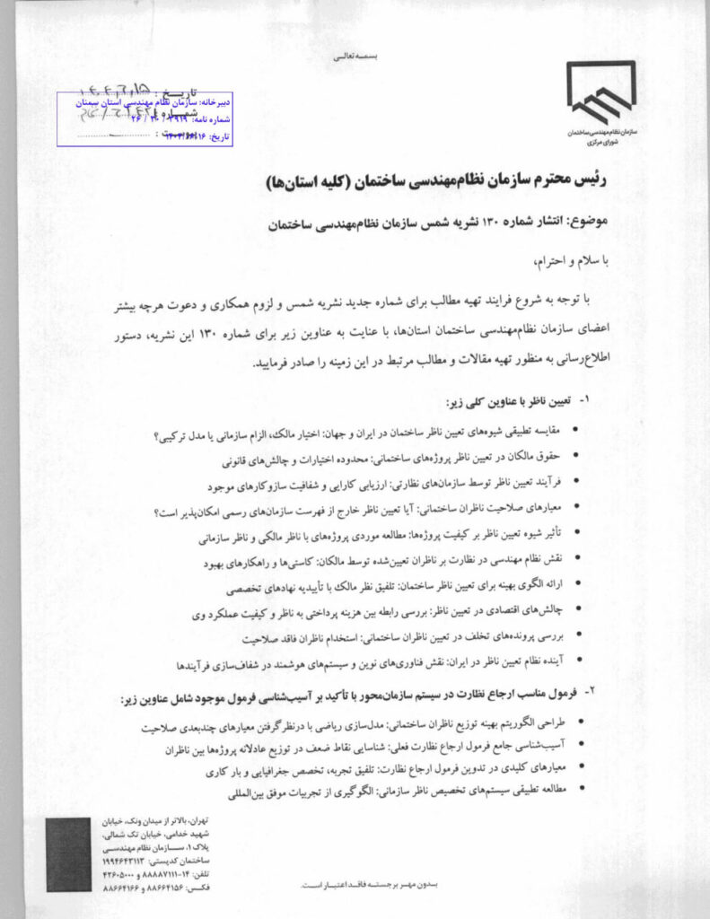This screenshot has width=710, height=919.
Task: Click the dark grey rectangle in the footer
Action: pos(69,853)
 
